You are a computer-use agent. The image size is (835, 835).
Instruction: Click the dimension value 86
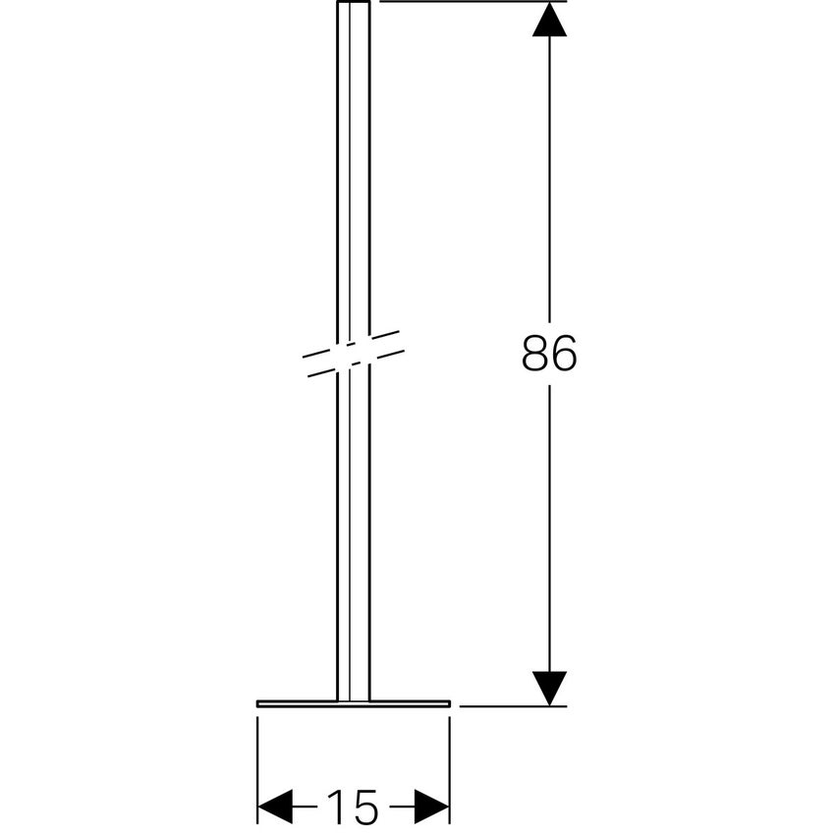549,354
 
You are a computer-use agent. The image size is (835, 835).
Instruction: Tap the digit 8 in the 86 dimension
534,354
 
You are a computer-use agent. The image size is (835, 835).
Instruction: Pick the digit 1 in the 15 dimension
336,807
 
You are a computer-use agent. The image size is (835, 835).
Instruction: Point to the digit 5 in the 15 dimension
364,807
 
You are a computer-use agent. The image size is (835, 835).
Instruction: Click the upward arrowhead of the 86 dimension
549,20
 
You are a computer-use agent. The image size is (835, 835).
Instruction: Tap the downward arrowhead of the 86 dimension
549,688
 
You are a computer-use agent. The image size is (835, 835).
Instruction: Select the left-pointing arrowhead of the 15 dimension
276,807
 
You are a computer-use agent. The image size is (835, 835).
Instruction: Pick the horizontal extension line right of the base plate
511,705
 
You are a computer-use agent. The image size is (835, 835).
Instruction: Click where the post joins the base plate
354,699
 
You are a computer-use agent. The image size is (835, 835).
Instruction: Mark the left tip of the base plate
258,703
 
